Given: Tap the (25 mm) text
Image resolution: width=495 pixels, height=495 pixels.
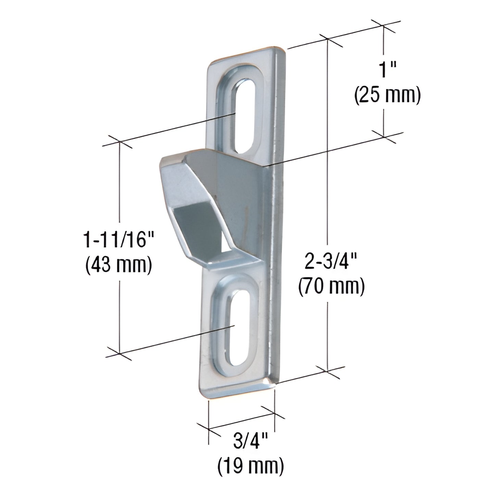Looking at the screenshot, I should tap(387, 97).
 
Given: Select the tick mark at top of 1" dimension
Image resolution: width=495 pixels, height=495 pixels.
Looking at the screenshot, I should tap(383, 25).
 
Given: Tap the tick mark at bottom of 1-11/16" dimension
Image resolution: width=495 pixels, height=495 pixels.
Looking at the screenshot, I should tap(120, 353).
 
